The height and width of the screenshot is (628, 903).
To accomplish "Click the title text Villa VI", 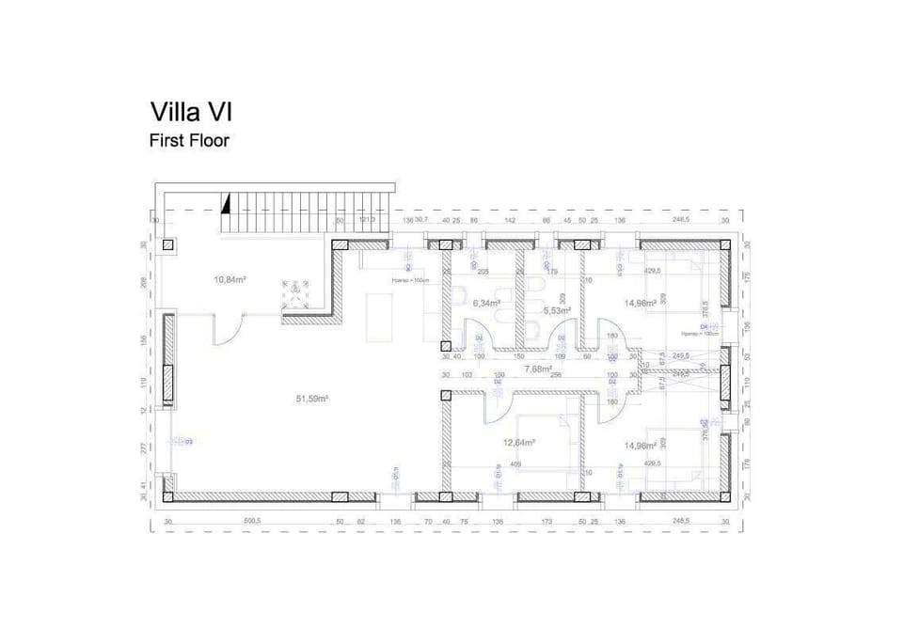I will [x=191, y=112].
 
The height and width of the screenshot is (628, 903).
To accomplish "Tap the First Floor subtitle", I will [x=189, y=141].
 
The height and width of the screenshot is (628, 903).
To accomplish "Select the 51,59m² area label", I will [x=311, y=399].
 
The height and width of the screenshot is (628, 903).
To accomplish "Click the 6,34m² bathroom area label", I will [x=486, y=304].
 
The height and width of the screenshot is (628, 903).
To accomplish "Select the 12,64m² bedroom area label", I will [x=519, y=442].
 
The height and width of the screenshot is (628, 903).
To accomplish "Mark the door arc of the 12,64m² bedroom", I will [x=496, y=404].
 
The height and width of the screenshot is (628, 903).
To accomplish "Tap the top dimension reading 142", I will [x=509, y=220].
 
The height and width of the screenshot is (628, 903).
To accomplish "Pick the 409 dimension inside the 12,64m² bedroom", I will [x=515, y=463].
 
